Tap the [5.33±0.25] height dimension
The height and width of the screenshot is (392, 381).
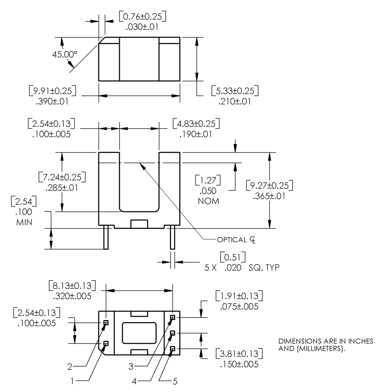point(235,91)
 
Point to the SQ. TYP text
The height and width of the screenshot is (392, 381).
point(263,268)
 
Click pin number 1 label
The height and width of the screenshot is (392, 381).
point(72,382)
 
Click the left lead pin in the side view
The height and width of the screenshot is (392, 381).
point(105,237)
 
